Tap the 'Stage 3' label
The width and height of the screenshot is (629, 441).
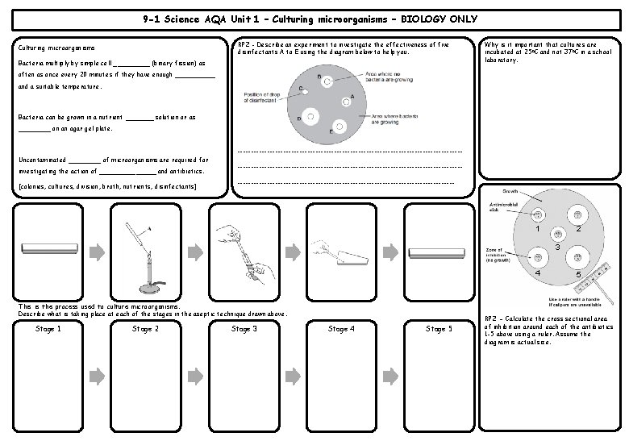point(244,328)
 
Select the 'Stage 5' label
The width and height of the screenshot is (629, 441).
point(439,328)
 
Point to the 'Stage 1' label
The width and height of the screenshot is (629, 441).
point(50,328)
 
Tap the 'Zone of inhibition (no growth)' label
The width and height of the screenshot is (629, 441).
point(499,256)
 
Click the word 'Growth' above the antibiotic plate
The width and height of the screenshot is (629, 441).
point(510,192)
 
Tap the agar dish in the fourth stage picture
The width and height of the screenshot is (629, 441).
point(346,259)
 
